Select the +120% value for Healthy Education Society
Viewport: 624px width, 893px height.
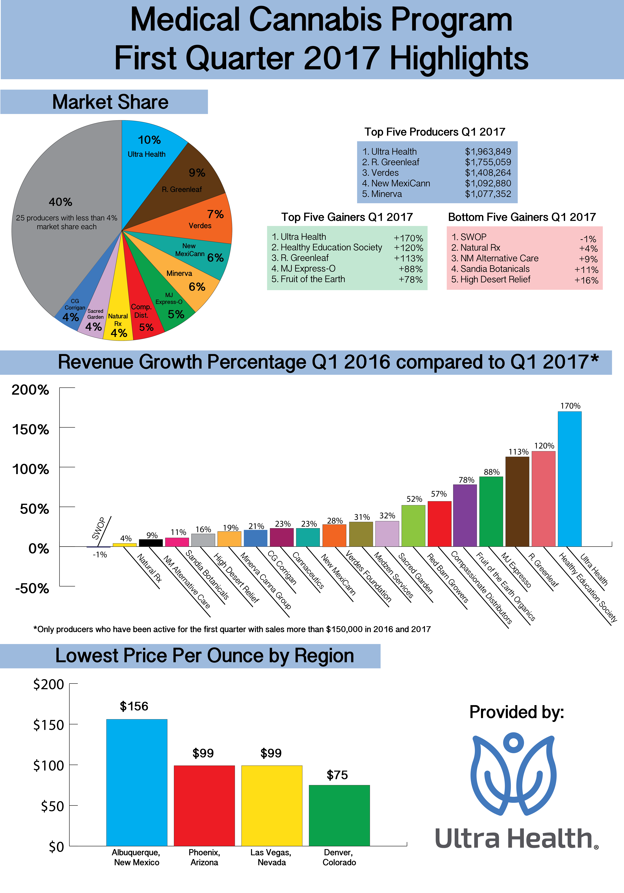point(408,248)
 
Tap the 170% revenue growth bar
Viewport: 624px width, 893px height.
point(570,479)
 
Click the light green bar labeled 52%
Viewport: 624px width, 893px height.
point(413,526)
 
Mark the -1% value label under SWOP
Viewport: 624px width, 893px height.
point(100,555)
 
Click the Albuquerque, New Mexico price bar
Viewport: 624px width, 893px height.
point(137,783)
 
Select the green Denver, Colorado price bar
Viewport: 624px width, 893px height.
point(339,816)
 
